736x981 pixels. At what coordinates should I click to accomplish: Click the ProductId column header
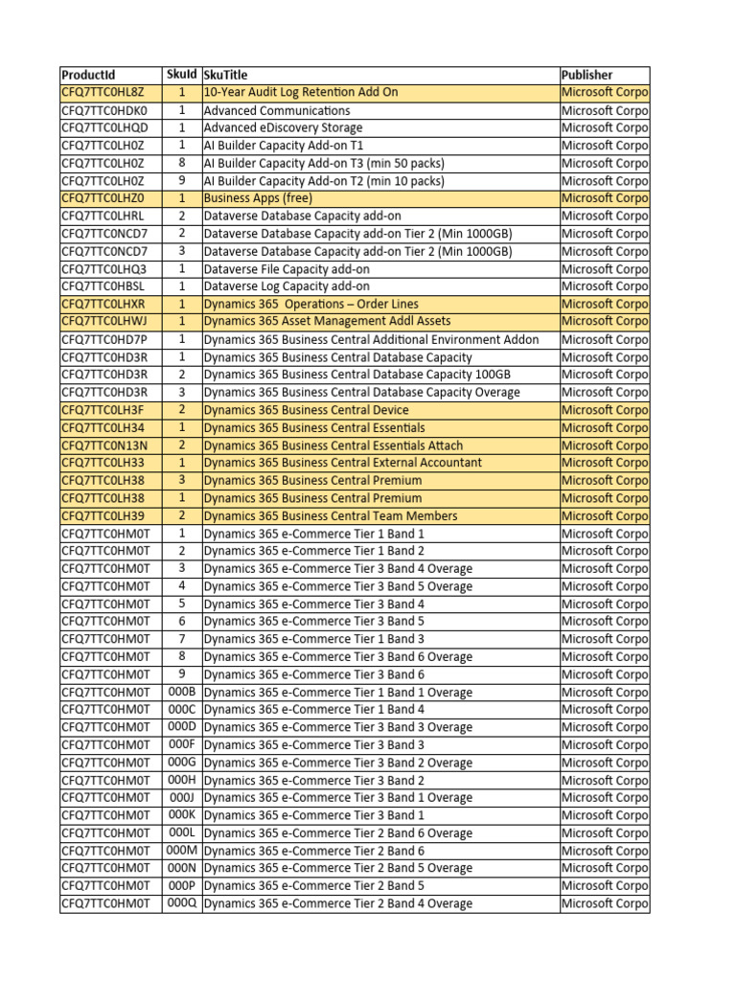88,75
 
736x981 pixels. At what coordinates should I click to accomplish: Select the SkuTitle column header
225,75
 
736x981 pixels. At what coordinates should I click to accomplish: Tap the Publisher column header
587,75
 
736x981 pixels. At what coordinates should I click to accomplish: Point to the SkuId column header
181,75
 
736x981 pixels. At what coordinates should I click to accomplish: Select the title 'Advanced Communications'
277,110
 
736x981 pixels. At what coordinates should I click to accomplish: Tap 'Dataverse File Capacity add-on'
287,269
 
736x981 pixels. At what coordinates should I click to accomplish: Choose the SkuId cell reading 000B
181,692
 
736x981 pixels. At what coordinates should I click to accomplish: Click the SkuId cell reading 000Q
181,903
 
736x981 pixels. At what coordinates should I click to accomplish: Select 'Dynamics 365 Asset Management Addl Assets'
327,322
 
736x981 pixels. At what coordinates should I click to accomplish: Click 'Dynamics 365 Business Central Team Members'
331,516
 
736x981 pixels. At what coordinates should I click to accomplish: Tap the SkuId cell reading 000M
181,851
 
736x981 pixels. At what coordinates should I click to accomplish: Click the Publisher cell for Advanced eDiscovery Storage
605,127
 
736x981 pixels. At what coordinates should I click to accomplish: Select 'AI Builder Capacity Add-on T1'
284,146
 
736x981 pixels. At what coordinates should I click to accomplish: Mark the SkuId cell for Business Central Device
181,410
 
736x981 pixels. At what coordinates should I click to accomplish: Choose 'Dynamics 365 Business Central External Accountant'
343,463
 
